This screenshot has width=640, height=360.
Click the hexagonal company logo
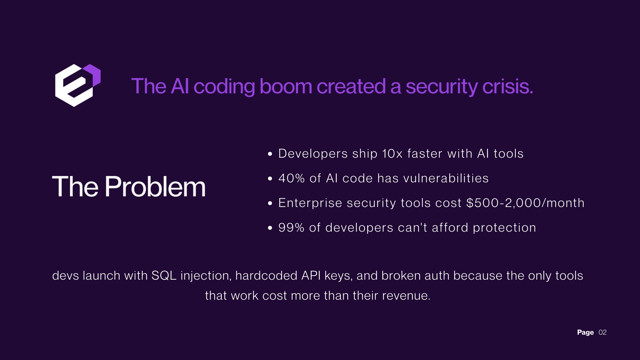78,85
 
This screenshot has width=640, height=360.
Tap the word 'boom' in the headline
286,86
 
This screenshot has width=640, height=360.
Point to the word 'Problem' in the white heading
155,187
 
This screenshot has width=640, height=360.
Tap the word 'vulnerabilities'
446,178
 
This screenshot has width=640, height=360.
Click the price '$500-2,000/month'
525,203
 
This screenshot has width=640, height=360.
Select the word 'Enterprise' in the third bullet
310,203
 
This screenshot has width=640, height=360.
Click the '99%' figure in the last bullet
291,228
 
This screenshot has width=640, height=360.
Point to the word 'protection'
504,228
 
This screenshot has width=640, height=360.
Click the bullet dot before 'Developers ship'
270,154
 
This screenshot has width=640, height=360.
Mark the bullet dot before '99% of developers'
270,228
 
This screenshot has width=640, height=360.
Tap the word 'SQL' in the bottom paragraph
164,276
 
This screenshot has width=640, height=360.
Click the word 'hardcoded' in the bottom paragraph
266,276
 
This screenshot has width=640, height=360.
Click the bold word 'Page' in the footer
585,332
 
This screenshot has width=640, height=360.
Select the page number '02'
602,332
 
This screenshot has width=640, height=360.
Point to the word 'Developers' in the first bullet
313,154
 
